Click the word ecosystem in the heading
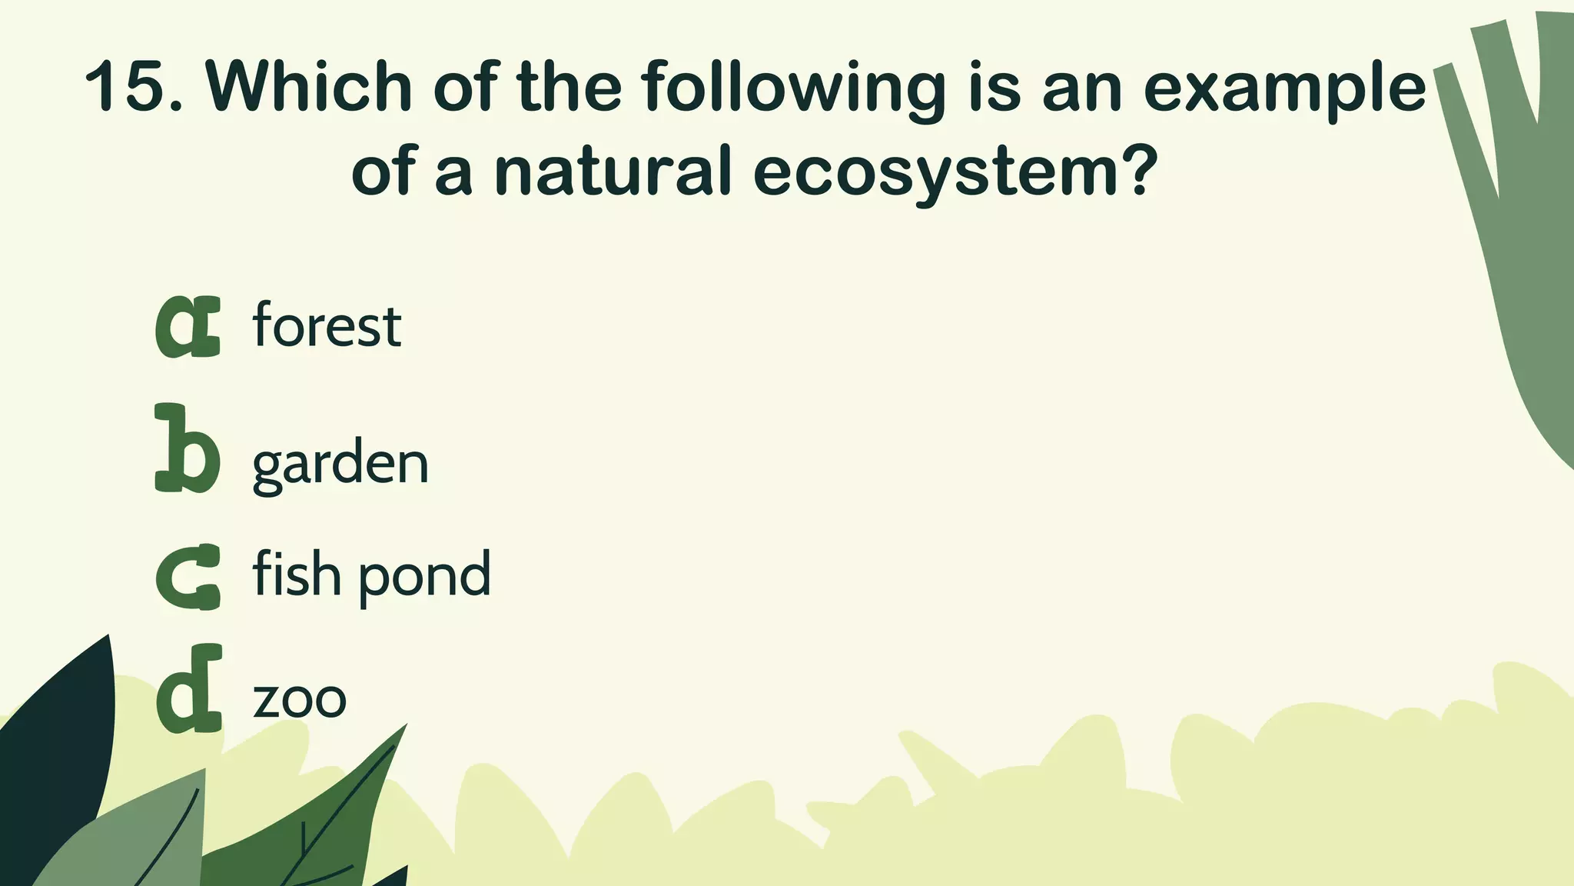pos(930,172)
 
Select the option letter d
pos(189,691)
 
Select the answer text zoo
pos(300,699)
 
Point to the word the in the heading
pos(569,87)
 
